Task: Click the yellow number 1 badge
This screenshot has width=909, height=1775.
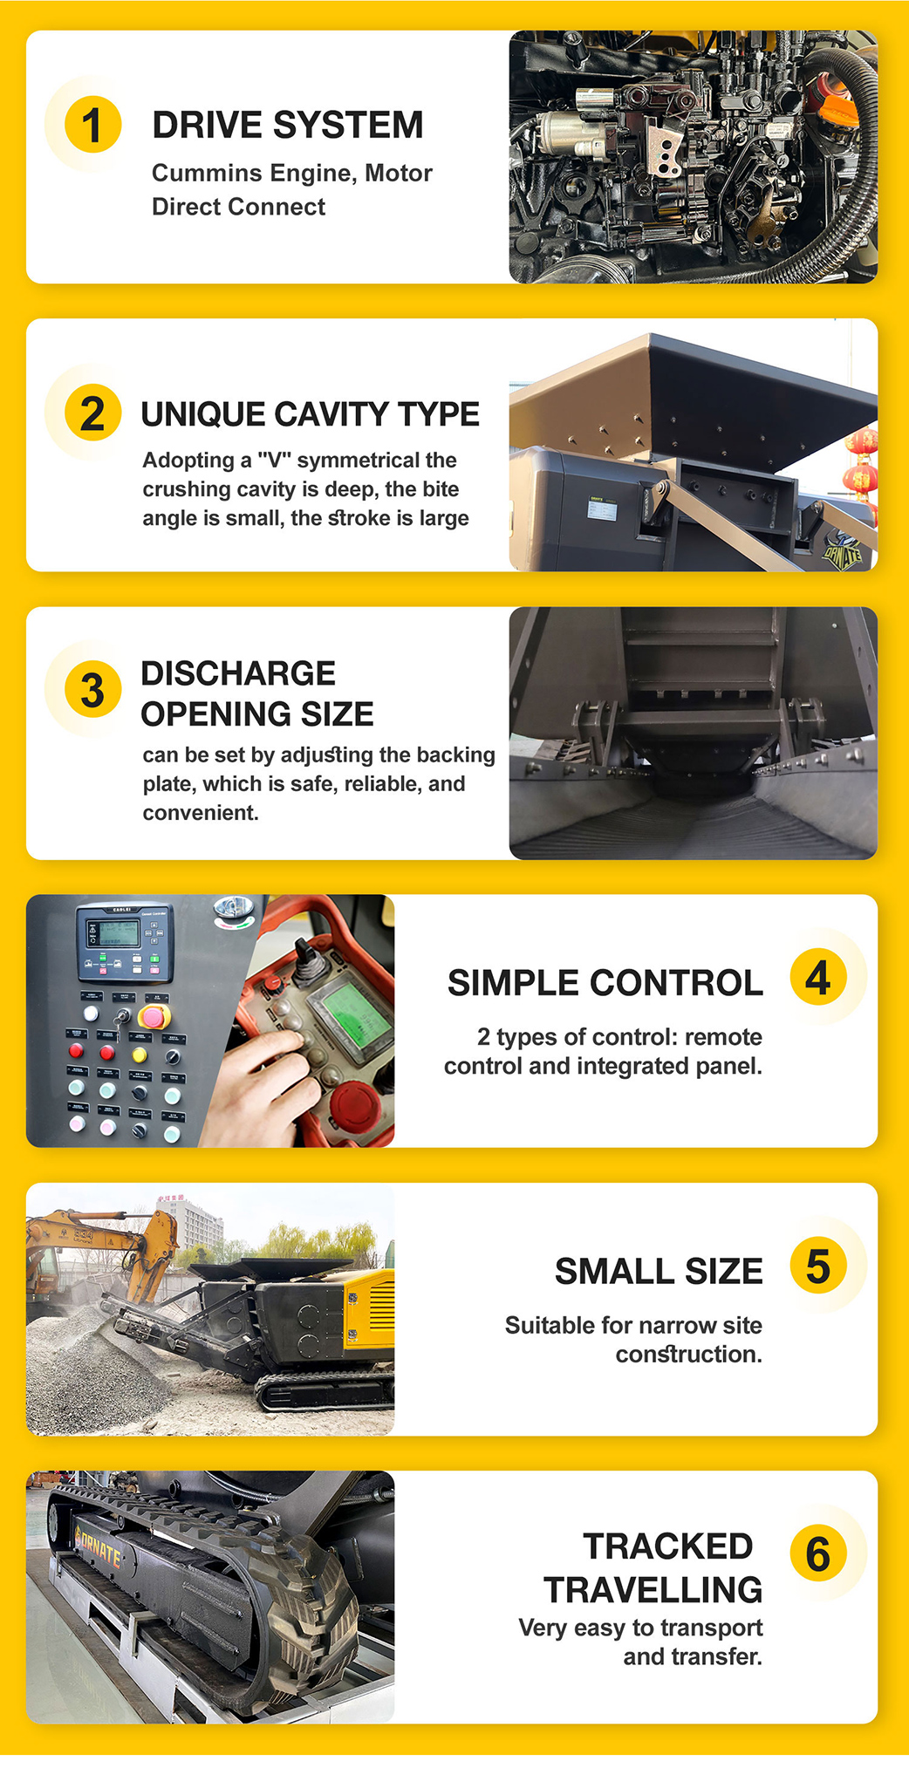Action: (92, 125)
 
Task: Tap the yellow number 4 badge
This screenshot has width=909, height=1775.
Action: (817, 978)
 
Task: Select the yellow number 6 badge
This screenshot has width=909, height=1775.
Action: (817, 1553)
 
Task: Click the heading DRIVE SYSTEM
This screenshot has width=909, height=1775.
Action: (288, 126)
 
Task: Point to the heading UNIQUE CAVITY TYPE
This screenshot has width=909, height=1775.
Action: (310, 414)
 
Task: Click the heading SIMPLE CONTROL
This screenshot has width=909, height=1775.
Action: (605, 983)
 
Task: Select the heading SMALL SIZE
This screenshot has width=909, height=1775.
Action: (659, 1272)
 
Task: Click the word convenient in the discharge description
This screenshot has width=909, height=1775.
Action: (201, 813)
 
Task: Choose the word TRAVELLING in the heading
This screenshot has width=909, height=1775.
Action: (653, 1590)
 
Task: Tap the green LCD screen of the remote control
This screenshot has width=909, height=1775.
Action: (357, 1016)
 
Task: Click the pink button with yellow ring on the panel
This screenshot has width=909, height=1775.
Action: (154, 1016)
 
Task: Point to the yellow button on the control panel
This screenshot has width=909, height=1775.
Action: (139, 1055)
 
